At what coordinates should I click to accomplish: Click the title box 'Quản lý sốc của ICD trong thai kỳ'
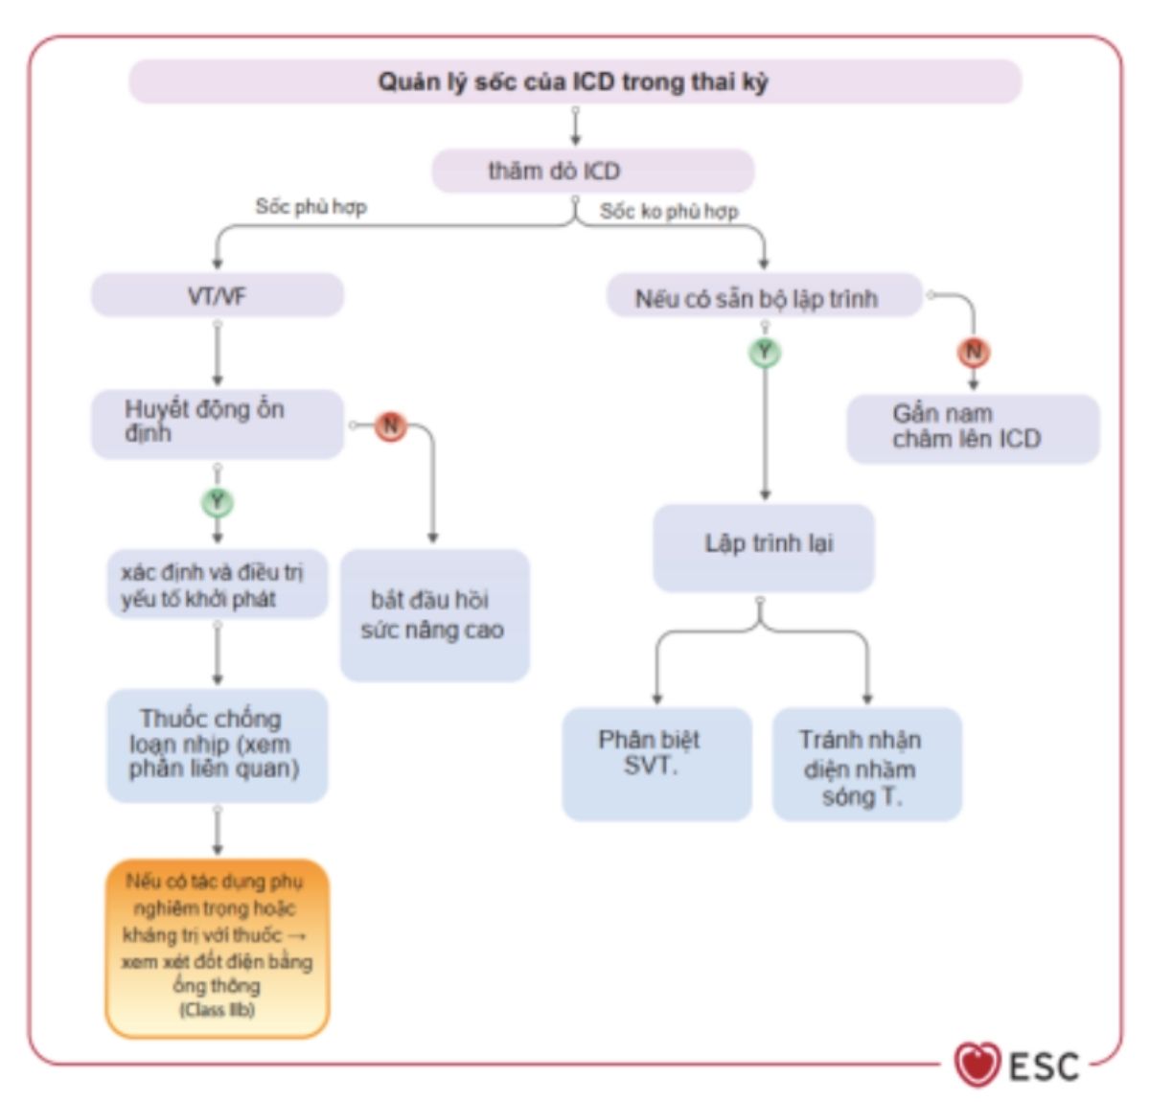574,81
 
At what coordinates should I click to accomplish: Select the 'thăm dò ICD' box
592,172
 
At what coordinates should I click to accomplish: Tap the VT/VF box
218,296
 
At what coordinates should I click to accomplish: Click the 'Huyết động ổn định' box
218,423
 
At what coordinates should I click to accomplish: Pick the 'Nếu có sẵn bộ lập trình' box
764,298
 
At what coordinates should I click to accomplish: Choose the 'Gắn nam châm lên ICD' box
972,427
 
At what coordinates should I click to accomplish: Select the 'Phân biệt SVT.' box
656,764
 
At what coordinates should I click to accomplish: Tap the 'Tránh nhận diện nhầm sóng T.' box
866,764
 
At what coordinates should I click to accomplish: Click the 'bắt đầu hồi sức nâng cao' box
434,615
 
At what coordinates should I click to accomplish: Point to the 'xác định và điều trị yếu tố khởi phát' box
218,585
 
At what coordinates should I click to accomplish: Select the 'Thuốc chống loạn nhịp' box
218,745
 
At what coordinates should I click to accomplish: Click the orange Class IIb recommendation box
218,947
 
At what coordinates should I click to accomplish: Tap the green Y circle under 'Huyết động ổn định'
218,501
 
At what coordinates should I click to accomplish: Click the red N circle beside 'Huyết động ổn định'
390,425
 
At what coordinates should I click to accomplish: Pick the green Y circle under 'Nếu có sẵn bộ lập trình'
765,352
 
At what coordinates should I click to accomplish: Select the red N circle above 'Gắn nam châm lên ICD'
974,352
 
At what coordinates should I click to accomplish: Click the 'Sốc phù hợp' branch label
310,207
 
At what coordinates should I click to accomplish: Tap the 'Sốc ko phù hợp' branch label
669,211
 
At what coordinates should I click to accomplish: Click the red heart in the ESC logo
977,1065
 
